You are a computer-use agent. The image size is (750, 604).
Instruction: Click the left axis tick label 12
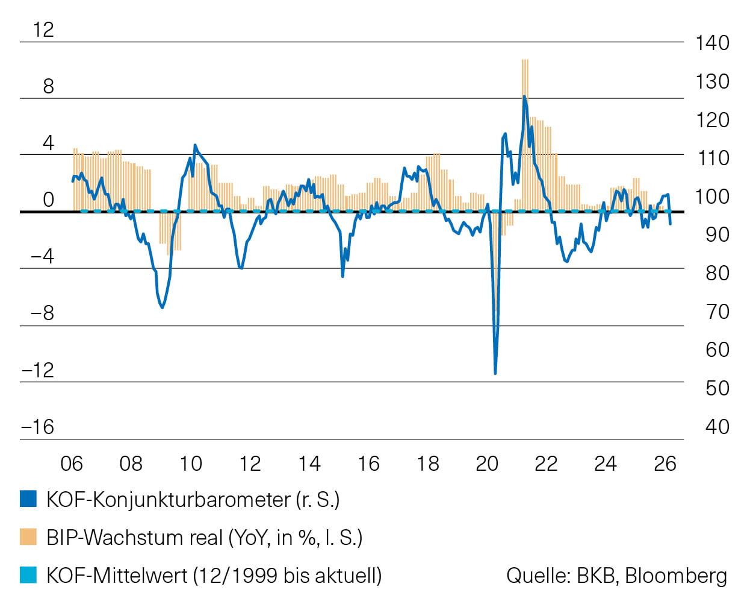[43, 30]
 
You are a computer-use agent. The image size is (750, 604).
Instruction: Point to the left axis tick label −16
[37, 427]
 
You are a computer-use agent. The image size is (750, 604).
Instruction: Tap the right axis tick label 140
[712, 43]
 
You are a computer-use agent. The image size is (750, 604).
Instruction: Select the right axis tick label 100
[712, 197]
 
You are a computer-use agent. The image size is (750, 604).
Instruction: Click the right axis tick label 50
[717, 388]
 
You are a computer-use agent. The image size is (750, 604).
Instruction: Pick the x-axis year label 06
[72, 464]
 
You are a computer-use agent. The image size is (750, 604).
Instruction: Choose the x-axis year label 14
[309, 464]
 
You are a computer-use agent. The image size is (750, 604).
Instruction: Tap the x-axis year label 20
[487, 464]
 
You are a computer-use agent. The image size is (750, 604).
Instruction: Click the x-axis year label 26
[665, 464]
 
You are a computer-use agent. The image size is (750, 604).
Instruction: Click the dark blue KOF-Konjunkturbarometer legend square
[28, 499]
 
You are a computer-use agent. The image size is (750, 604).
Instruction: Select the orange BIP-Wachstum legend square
[28, 536]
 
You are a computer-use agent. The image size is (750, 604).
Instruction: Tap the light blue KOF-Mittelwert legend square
[28, 574]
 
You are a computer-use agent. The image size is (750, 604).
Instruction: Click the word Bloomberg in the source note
[676, 576]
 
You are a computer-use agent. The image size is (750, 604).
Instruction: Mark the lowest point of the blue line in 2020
[495, 373]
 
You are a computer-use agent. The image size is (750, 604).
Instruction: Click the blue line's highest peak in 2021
[524, 96]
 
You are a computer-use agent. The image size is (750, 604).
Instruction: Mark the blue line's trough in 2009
[162, 307]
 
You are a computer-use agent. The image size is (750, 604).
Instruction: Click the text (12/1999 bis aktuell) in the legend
[287, 576]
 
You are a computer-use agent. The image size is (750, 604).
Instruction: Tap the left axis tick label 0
[48, 200]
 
